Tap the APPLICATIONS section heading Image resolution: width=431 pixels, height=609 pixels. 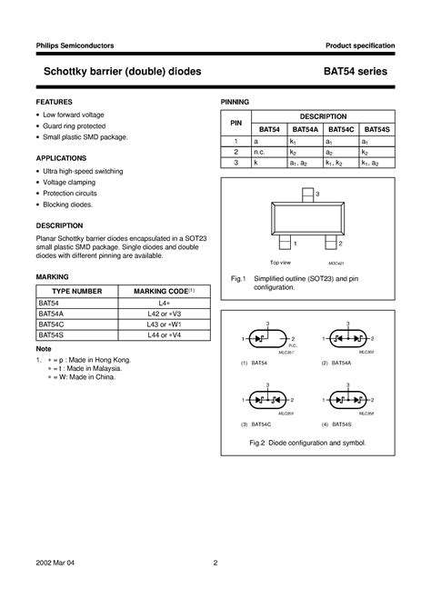coord(61,157)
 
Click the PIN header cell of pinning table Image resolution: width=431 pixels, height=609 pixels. coord(235,122)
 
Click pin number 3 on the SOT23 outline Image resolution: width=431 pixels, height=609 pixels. coord(317,195)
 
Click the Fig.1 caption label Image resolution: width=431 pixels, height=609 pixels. coord(238,278)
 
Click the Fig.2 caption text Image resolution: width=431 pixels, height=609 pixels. coord(307,442)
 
